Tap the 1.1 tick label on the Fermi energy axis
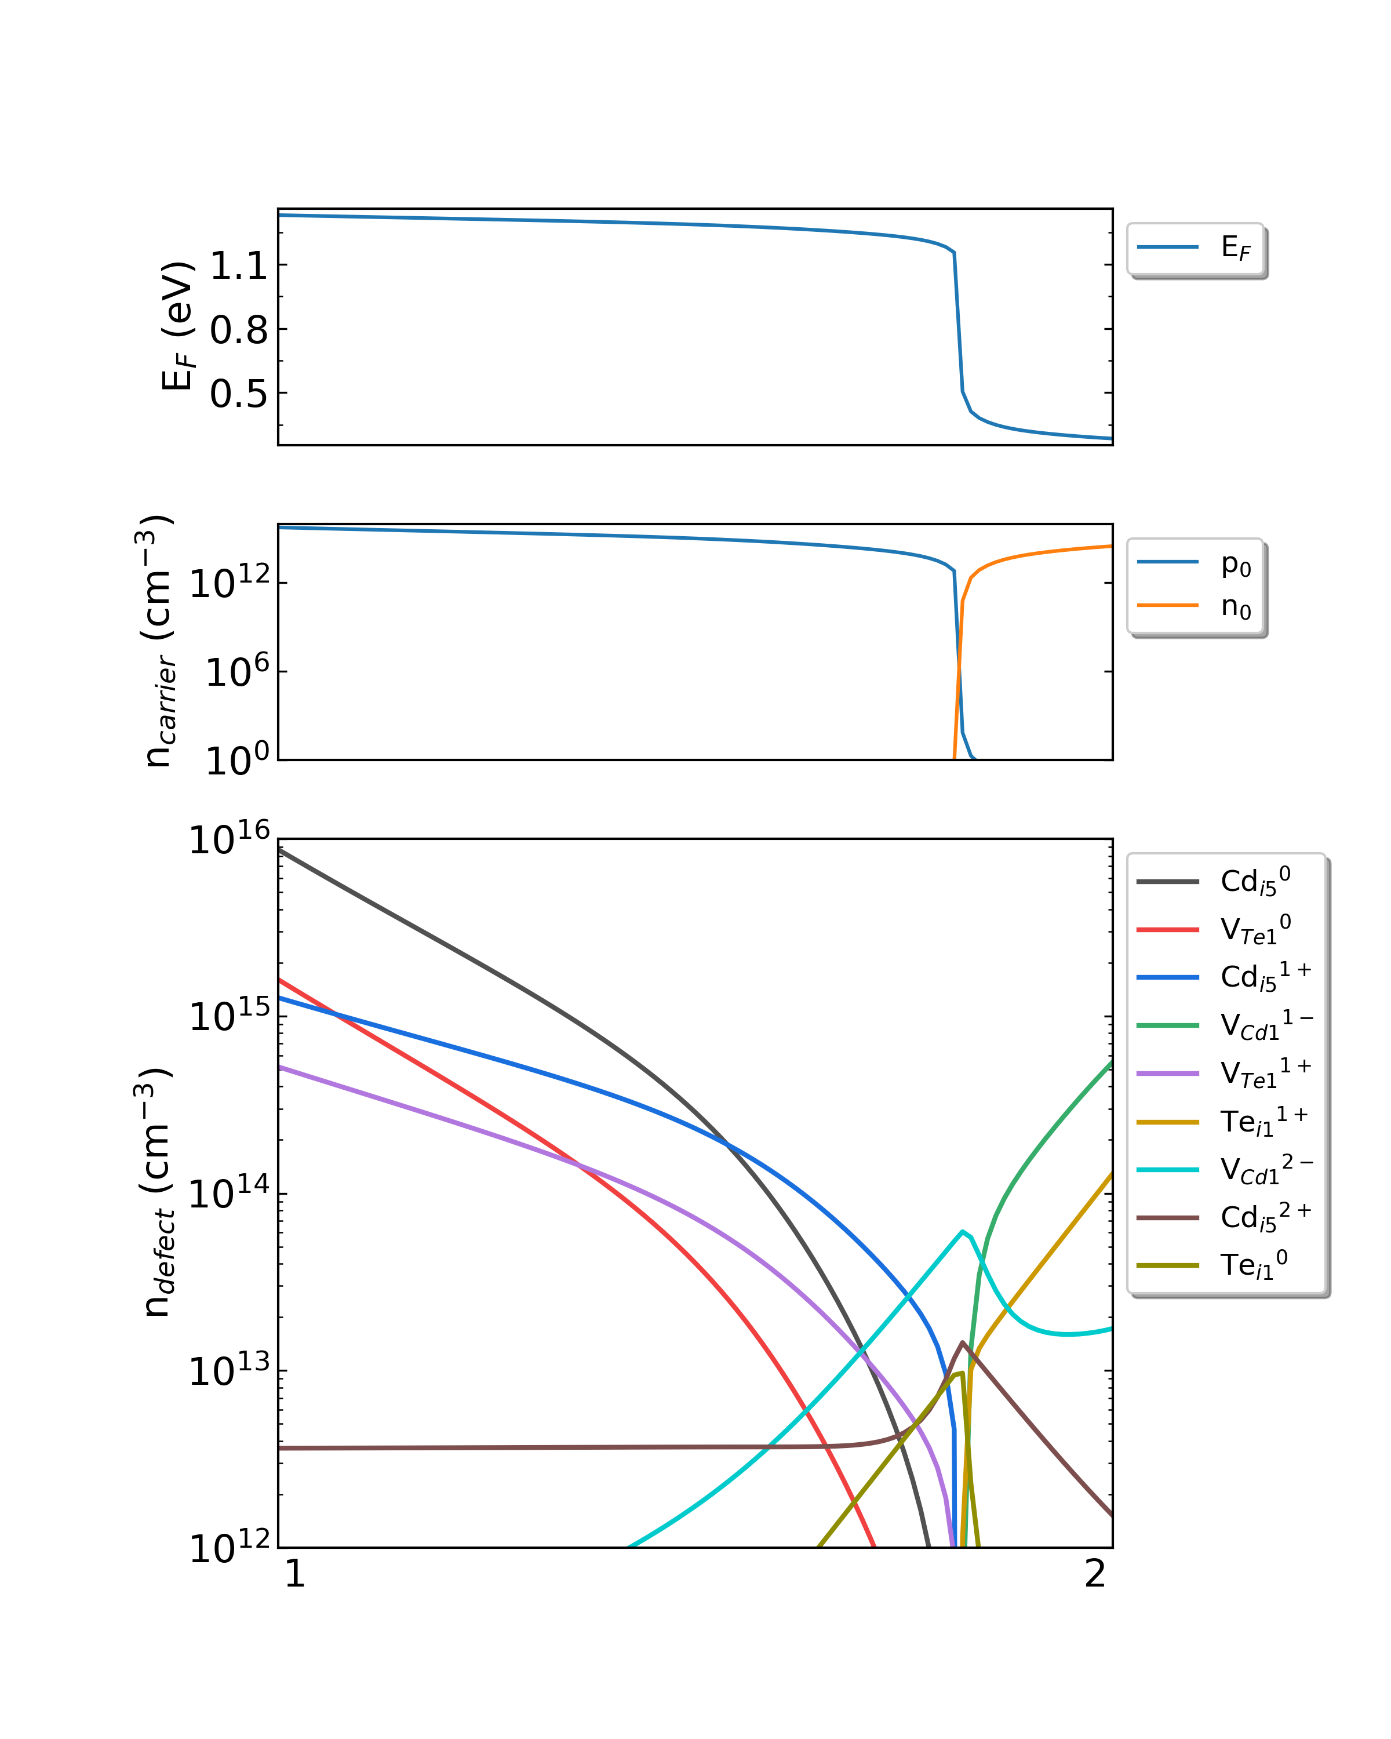[x=239, y=265]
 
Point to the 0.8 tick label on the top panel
[x=239, y=330]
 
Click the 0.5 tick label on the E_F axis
[x=239, y=394]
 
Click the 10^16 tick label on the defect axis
[x=228, y=840]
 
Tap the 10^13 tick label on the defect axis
[x=228, y=1370]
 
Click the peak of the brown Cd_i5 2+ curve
[x=963, y=1342]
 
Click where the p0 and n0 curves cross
[x=959, y=666]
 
